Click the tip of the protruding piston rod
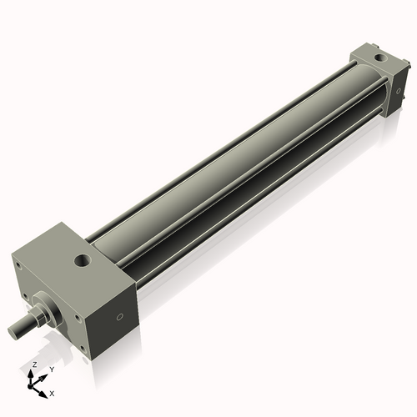13,332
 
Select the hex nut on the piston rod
40,315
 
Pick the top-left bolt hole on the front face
18,264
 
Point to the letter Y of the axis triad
53,369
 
